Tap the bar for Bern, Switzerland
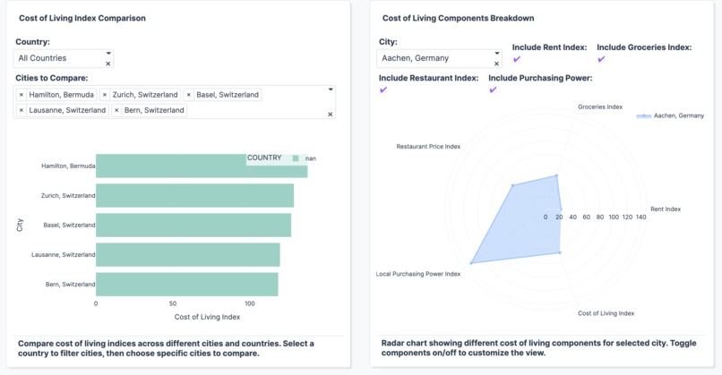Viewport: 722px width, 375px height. [x=186, y=284]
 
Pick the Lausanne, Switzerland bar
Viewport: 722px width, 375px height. [x=187, y=254]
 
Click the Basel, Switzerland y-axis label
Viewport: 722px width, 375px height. [x=69, y=225]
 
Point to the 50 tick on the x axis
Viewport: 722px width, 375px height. [x=173, y=303]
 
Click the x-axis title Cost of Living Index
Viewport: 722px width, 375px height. [x=207, y=317]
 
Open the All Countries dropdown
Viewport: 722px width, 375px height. [x=64, y=58]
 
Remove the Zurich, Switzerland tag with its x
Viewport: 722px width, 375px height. [x=105, y=95]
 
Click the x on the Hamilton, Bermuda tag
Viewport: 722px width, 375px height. [x=21, y=95]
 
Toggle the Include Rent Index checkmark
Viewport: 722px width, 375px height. [x=517, y=60]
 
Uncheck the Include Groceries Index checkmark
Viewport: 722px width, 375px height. [x=601, y=60]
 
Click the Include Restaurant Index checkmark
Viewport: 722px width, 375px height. [x=383, y=90]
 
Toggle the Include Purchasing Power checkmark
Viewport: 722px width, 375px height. [x=493, y=90]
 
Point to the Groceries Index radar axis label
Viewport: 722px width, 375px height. [x=599, y=107]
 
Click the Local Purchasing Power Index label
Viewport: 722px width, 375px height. [x=417, y=274]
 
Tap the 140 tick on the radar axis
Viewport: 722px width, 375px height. [x=640, y=217]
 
